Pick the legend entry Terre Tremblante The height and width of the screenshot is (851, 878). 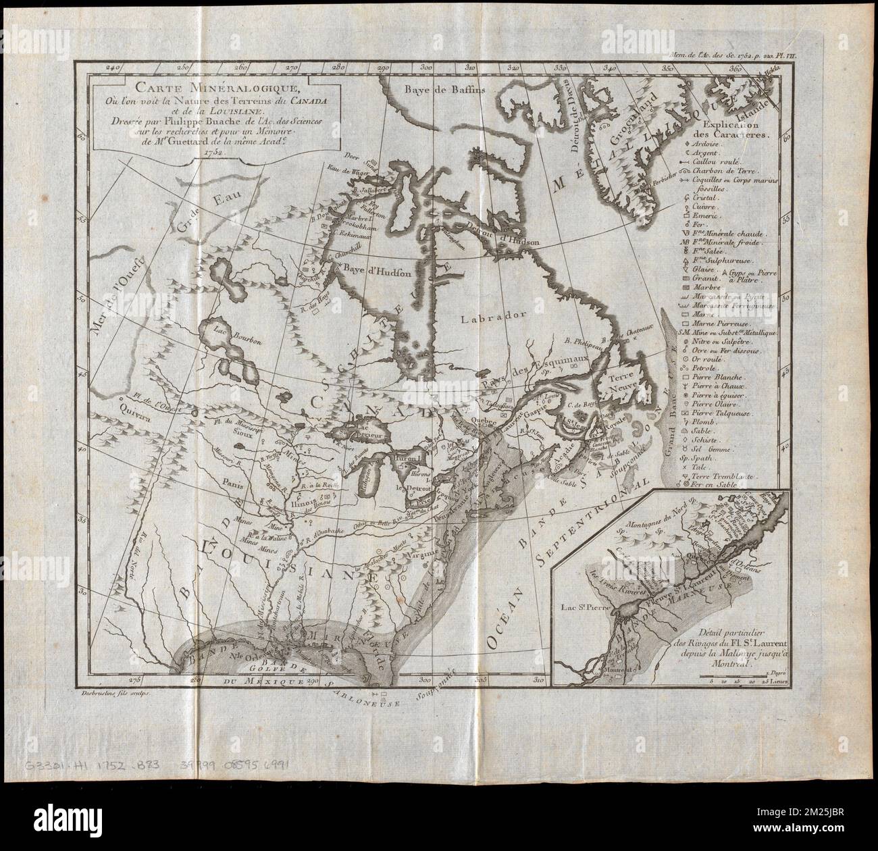click(736, 475)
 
